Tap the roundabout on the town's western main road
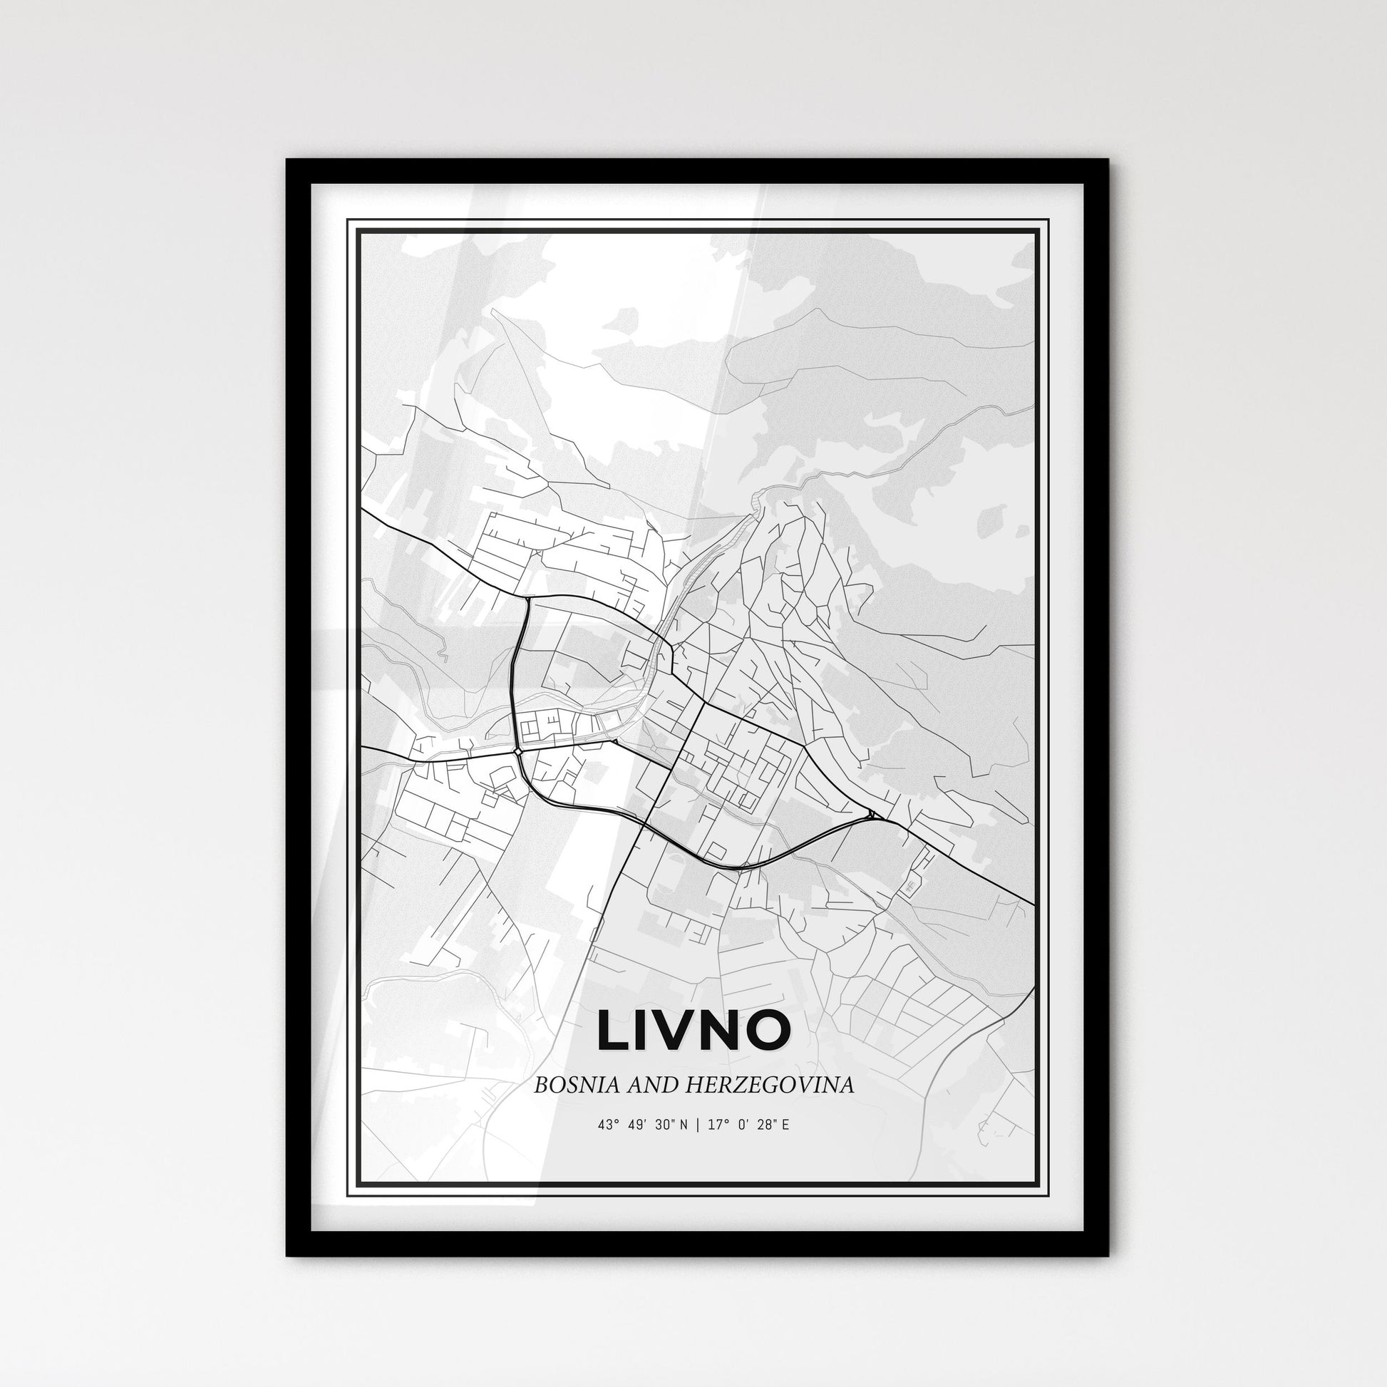517,752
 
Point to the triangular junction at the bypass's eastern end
872,814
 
